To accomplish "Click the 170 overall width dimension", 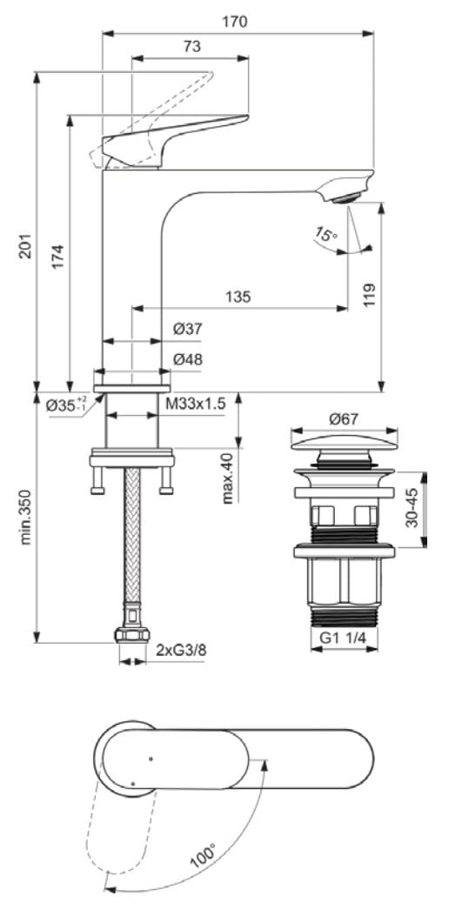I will point(234,22).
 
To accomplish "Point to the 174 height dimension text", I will point(57,258).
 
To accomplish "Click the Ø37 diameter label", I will point(187,329).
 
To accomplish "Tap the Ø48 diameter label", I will point(187,358).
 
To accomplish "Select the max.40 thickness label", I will point(228,478).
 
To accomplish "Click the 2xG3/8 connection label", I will point(180,650).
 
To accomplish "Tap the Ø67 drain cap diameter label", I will point(343,418).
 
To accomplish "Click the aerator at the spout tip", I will point(345,198).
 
